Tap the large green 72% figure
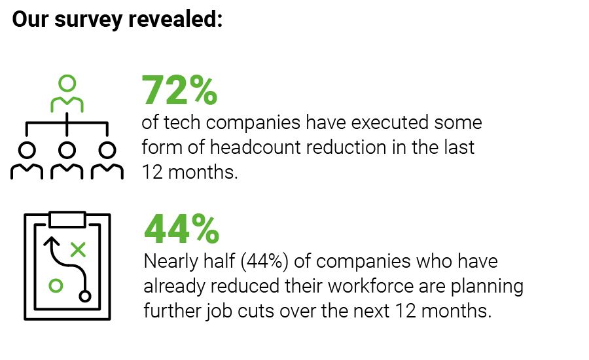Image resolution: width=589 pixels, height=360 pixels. pyautogui.click(x=179, y=90)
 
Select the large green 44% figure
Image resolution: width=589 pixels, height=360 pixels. pyautogui.click(x=181, y=228)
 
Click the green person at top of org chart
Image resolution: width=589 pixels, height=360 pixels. pyautogui.click(x=67, y=94)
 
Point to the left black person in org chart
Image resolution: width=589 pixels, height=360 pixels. pyautogui.click(x=27, y=160)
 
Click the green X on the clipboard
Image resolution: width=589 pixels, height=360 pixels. pyautogui.click(x=78, y=249)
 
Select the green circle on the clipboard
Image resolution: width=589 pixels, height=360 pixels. pyautogui.click(x=56, y=286)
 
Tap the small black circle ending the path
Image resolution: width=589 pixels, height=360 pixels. pyautogui.click(x=84, y=296)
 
